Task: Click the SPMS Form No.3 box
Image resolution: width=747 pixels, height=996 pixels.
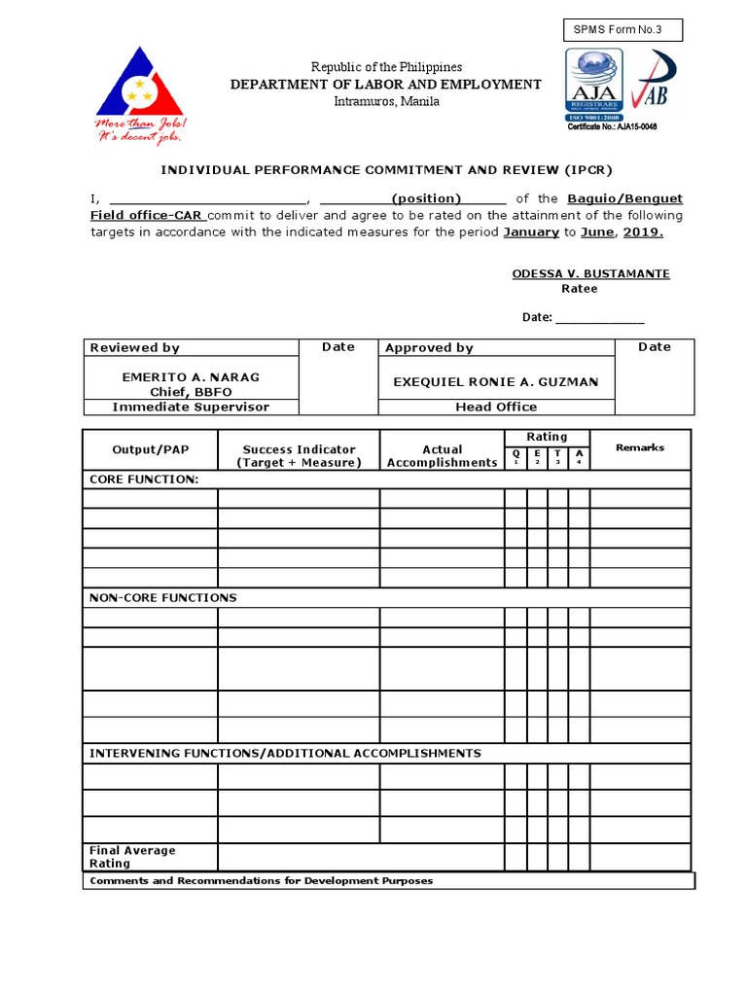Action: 622,30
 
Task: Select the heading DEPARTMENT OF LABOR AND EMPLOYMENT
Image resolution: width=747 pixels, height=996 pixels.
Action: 385,85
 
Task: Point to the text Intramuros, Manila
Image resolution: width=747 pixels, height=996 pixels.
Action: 386,101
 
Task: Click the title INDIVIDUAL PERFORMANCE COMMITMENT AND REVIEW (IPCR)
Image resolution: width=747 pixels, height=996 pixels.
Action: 386,169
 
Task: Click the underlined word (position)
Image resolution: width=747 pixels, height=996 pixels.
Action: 426,198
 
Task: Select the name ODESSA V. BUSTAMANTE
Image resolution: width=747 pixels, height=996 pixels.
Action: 590,274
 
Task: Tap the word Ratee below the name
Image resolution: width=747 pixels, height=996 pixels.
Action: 580,289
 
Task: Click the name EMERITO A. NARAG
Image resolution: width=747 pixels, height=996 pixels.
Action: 191,377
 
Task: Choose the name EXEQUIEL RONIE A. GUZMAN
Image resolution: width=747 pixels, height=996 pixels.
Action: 496,382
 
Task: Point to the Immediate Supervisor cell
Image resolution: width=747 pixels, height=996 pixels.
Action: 191,408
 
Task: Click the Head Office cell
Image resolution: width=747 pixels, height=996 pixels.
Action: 496,408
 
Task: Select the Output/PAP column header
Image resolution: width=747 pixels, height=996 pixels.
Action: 150,449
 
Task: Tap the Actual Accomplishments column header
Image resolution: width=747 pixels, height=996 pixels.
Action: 442,456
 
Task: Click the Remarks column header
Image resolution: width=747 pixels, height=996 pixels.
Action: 640,447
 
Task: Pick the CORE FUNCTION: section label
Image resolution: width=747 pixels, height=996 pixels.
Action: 144,480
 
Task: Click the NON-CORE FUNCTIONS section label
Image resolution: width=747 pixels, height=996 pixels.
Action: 162,598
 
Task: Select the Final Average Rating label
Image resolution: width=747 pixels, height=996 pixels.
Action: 132,857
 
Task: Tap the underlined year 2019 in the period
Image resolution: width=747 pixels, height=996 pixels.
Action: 643,232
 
